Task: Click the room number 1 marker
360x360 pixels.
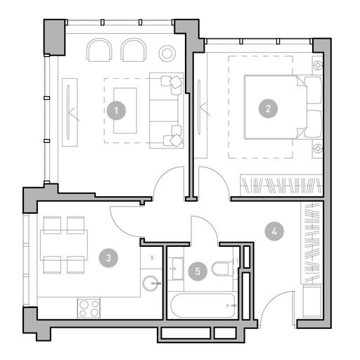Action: click(116, 110)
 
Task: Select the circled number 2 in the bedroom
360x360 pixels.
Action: click(268, 108)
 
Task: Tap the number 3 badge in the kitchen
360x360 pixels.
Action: click(108, 258)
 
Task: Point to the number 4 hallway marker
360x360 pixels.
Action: click(274, 231)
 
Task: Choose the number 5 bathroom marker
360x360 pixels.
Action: click(198, 271)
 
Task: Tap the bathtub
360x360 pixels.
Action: click(203, 305)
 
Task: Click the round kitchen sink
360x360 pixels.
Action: click(150, 283)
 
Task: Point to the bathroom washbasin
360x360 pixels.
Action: click(177, 269)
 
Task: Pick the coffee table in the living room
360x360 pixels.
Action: click(125, 110)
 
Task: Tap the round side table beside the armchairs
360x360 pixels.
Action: click(167, 53)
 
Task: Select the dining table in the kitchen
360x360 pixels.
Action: click(64, 245)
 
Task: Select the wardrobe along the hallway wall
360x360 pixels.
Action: click(311, 243)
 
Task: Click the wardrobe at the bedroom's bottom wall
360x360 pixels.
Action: click(282, 185)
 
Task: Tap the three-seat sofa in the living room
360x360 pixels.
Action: click(167, 110)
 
